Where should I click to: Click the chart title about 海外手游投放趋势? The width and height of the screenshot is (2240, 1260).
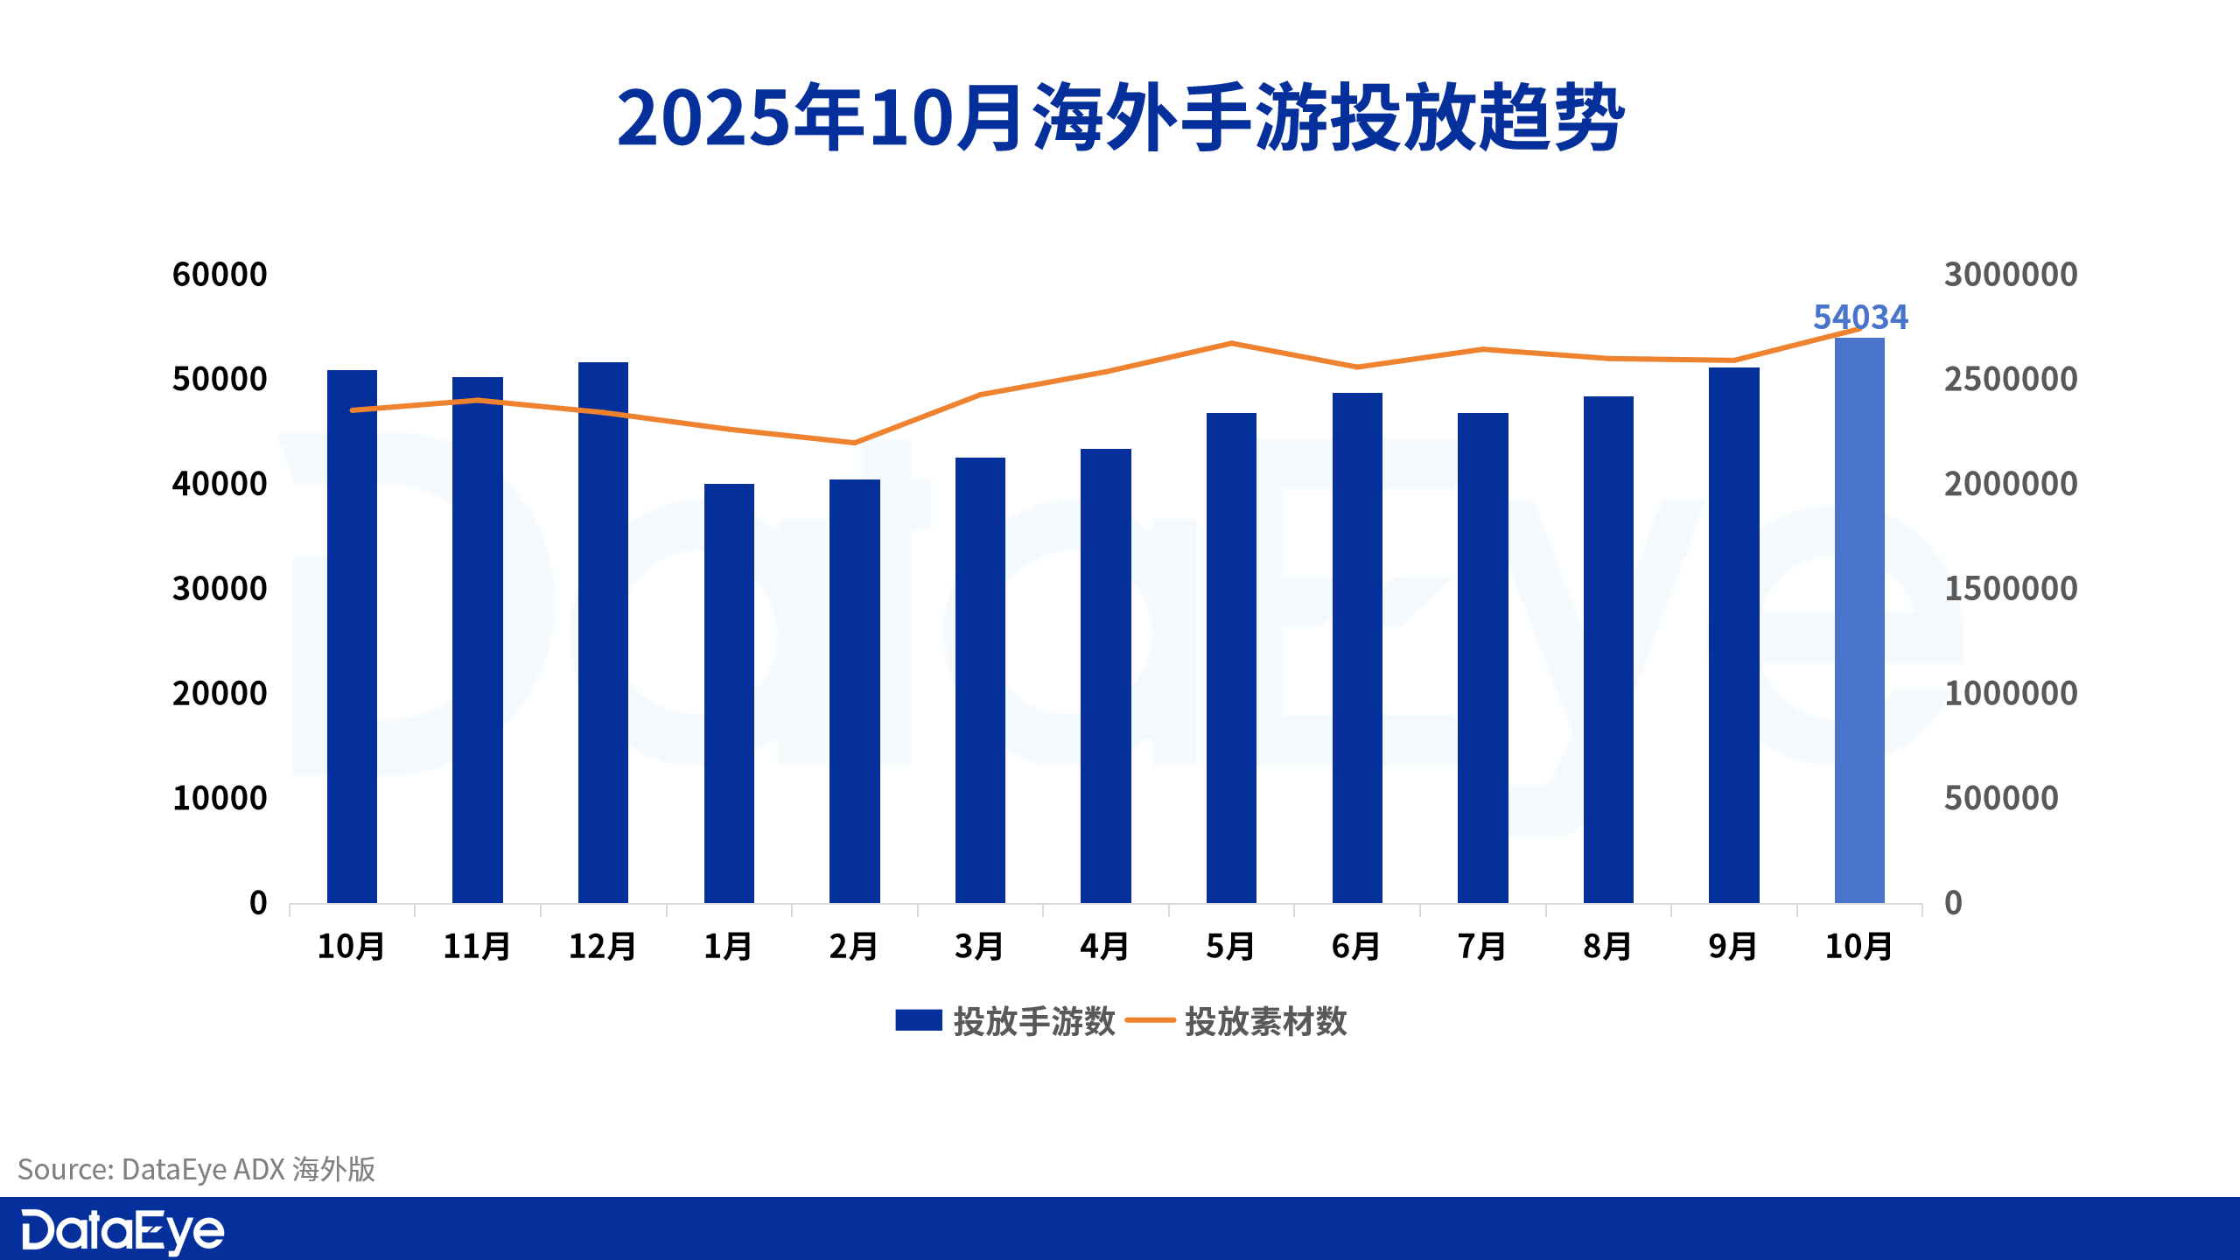click(x=1120, y=118)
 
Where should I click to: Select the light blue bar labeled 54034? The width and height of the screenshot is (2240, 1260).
click(x=1859, y=621)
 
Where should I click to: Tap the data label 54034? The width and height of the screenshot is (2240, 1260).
click(x=1860, y=317)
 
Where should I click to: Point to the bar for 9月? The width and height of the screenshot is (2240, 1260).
click(x=1733, y=634)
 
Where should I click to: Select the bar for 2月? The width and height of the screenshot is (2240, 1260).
click(x=855, y=691)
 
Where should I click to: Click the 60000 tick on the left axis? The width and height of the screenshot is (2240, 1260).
click(x=220, y=275)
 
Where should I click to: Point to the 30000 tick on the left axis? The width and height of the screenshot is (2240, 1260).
click(x=220, y=589)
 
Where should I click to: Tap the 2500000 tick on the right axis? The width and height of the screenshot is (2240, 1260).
click(x=2011, y=380)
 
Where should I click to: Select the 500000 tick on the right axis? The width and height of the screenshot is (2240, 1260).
click(x=2001, y=798)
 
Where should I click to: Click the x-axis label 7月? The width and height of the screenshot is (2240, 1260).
click(x=1482, y=947)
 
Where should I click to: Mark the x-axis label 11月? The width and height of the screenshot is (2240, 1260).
click(x=477, y=947)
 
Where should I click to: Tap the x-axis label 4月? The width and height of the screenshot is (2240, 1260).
click(x=1105, y=947)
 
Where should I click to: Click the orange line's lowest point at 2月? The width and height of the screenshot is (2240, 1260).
click(x=855, y=443)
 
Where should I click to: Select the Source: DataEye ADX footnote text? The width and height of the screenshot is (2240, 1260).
click(x=197, y=1169)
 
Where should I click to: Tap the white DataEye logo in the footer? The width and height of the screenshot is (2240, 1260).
click(x=122, y=1231)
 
